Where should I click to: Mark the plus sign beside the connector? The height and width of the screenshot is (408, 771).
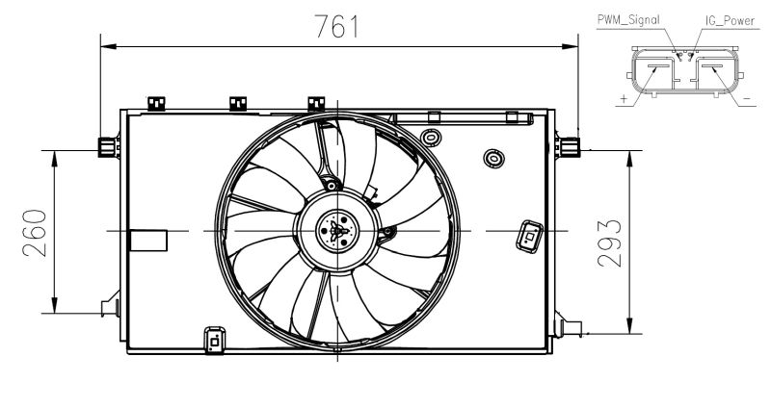coord(625,98)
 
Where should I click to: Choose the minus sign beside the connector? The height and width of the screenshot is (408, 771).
coord(748,98)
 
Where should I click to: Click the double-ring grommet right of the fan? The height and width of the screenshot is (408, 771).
coord(492,156)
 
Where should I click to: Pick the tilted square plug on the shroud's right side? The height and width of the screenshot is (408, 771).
coord(529,234)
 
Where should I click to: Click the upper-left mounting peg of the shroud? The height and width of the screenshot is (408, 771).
coord(105,146)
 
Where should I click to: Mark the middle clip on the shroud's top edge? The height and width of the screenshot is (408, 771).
coord(237,102)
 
